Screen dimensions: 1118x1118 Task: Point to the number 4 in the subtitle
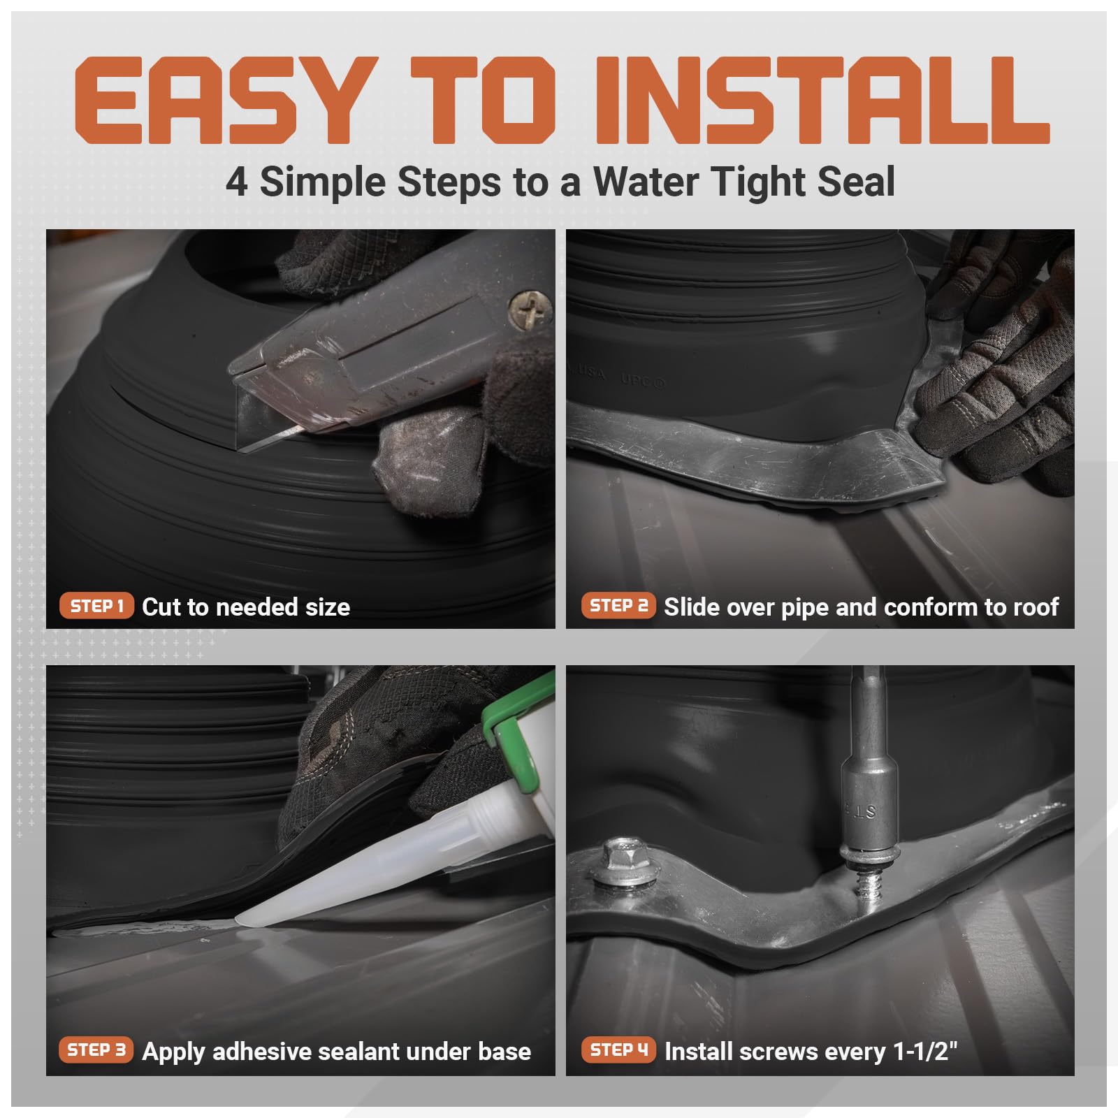coord(236,183)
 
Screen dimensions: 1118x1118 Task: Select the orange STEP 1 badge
coord(96,606)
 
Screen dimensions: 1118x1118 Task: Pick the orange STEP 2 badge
coord(618,606)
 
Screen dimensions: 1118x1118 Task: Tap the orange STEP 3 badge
coord(96,1050)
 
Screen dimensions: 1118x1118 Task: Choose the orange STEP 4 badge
coord(618,1050)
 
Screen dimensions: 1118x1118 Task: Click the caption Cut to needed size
coord(246,607)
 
